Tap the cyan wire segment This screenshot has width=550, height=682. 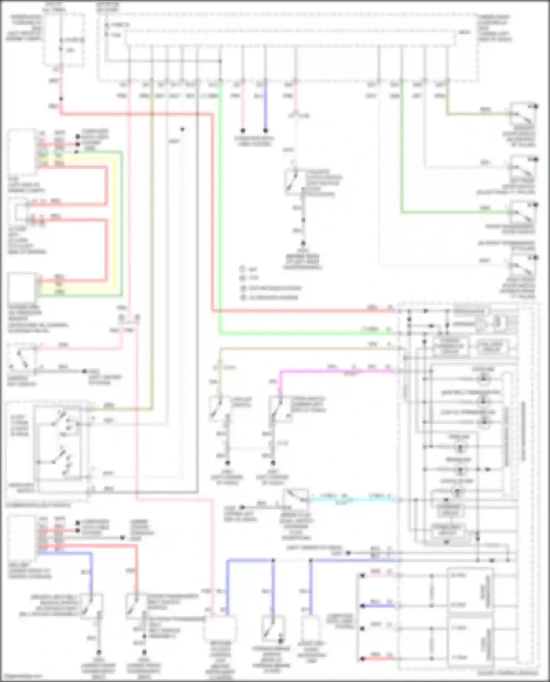(x=352, y=499)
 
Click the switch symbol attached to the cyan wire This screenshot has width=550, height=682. (x=296, y=498)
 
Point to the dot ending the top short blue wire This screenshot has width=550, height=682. (x=265, y=130)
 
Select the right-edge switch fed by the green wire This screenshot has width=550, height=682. (x=522, y=213)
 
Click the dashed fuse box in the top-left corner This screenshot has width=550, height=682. (x=64, y=40)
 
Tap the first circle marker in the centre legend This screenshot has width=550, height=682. (x=242, y=269)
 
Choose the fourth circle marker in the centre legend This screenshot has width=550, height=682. (x=242, y=298)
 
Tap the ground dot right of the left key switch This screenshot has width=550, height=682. (x=85, y=371)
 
